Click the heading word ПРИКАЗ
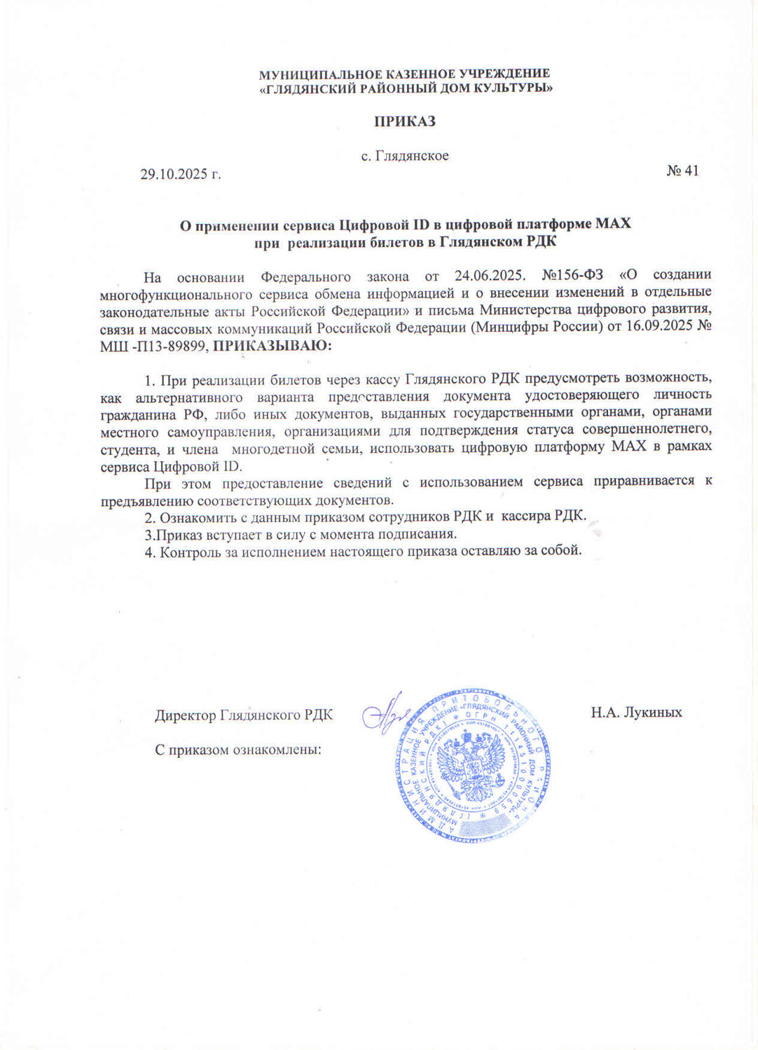coord(404,122)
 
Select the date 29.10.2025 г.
coord(180,174)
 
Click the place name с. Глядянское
coord(404,156)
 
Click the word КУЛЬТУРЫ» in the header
coord(516,89)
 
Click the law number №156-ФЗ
coord(572,275)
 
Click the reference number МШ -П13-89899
coord(154,346)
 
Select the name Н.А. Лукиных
coord(635,713)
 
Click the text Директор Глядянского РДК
coord(243,715)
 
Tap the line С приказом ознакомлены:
coord(237,750)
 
